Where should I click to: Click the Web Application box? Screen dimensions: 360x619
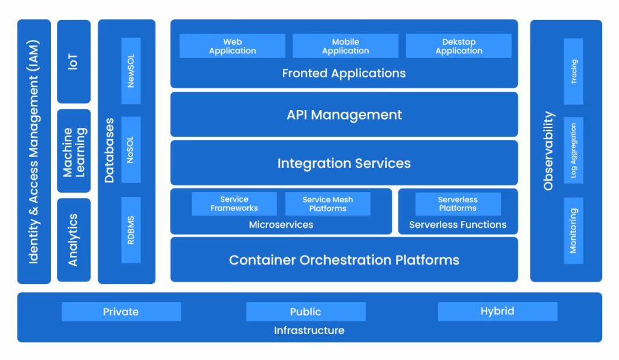tap(233, 46)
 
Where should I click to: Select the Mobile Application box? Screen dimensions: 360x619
tap(345, 46)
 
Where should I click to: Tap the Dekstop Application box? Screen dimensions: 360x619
tap(459, 46)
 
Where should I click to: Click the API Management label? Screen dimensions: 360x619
tap(344, 115)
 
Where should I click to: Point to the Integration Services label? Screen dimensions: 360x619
tap(344, 163)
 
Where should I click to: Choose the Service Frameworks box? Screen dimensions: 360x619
tap(234, 204)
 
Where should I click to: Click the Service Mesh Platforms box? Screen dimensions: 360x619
tap(328, 204)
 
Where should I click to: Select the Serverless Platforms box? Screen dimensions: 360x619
tap(458, 204)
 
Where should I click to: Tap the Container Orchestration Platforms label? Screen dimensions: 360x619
tap(344, 260)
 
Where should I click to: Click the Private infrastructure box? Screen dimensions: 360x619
tap(121, 312)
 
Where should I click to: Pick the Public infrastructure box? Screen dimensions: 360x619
tap(305, 312)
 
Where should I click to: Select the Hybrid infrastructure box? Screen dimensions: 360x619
tap(497, 312)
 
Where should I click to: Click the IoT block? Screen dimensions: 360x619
tap(73, 62)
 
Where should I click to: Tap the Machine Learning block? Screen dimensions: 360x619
tap(73, 151)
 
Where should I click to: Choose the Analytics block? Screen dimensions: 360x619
tap(73, 240)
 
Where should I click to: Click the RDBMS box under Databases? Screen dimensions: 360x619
tap(131, 230)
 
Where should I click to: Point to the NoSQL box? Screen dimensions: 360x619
tap(131, 149)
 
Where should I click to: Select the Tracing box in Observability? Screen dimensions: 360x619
tap(574, 71)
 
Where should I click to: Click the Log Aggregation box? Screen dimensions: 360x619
tap(574, 150)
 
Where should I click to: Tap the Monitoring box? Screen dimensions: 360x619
tap(574, 230)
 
